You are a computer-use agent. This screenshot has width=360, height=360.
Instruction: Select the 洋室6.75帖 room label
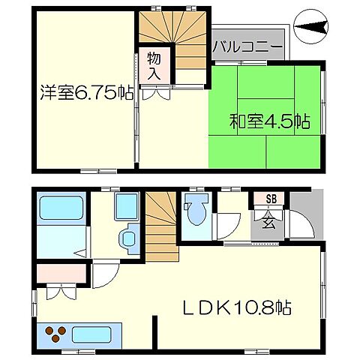tap(82, 94)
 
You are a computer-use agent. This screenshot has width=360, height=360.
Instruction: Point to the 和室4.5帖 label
tap(268, 121)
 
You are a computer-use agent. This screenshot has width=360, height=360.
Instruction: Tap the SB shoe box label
tap(268, 199)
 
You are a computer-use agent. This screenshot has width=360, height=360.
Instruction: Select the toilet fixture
tap(196, 211)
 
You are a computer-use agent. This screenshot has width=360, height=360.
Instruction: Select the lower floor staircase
tap(160, 225)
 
